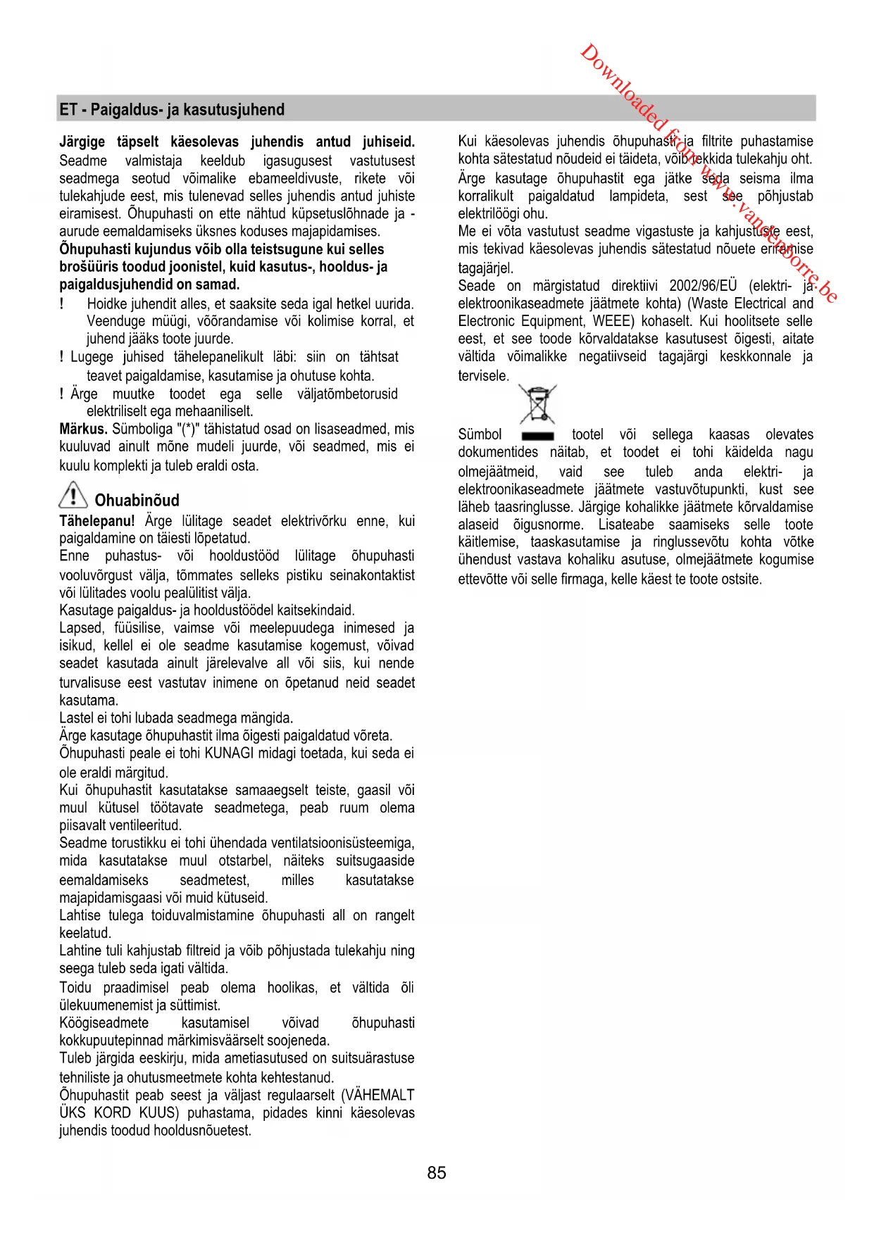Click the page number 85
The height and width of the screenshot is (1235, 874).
pos(436,1172)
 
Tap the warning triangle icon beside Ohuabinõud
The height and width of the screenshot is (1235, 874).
pos(73,495)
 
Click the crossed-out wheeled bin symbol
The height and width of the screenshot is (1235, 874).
pos(537,403)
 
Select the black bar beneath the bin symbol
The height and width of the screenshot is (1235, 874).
pos(537,436)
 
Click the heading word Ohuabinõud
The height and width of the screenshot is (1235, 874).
pos(137,501)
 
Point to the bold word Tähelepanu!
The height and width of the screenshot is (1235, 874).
pos(97,521)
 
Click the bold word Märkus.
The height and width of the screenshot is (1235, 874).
pos(83,429)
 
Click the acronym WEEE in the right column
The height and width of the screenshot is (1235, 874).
pos(612,321)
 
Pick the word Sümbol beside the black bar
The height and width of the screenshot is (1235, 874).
pos(480,434)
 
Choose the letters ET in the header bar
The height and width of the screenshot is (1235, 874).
pos(68,110)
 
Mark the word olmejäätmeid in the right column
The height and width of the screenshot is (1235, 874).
pos(497,472)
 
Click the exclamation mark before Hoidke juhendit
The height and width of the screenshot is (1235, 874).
pos(62,303)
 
